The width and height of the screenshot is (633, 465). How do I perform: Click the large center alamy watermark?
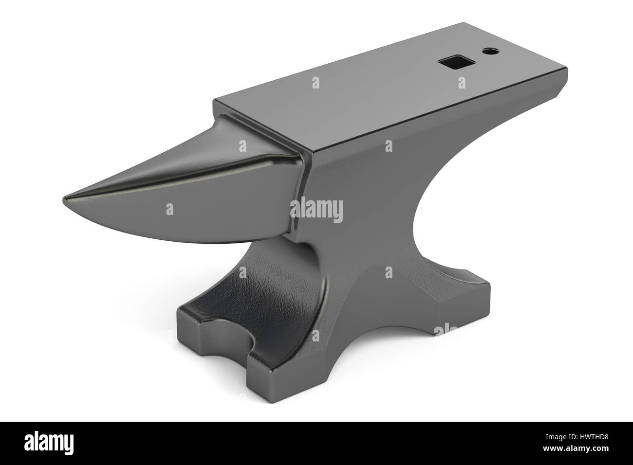[x=316, y=211]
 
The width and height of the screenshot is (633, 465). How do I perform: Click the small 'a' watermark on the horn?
[x=169, y=209]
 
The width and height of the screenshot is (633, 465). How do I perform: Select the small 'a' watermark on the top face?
[x=316, y=81]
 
